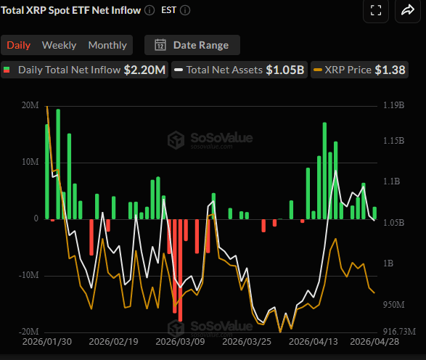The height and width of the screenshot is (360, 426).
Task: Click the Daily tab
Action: tap(19, 45)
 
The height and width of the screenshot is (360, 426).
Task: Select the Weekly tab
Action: tap(59, 45)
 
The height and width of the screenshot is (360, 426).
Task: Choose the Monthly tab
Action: tap(107, 45)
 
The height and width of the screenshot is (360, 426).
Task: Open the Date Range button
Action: tap(192, 45)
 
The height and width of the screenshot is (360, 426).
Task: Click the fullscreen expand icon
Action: tap(376, 10)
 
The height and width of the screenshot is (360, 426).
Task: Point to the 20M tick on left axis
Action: tap(30, 105)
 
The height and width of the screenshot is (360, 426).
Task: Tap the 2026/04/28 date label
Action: tap(375, 341)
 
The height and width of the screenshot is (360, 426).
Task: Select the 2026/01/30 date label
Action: tap(47, 341)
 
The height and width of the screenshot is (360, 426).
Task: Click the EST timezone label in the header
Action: tap(168, 11)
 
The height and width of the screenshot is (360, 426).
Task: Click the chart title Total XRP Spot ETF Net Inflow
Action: tap(70, 11)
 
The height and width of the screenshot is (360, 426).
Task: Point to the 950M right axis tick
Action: tap(392, 303)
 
